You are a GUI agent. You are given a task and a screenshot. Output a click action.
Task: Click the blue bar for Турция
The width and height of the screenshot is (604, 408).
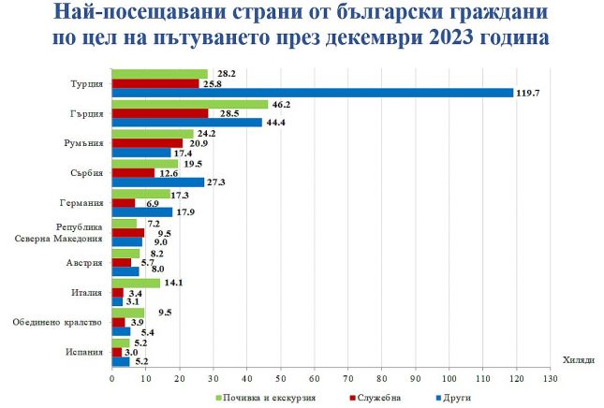pos(313,93)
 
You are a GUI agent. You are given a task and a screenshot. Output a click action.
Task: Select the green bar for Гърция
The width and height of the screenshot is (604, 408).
pos(189,104)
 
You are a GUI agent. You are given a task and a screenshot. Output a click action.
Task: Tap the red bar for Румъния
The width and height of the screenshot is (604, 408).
pos(147,143)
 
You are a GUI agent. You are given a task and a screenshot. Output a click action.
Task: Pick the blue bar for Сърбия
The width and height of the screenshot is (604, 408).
pos(157,182)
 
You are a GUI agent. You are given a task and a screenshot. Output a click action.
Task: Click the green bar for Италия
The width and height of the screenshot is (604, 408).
pos(135,283)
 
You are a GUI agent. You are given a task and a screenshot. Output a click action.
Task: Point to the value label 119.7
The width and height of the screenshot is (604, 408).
pos(531,93)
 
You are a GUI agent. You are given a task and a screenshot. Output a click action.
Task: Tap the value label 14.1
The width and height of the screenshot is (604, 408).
pos(174,283)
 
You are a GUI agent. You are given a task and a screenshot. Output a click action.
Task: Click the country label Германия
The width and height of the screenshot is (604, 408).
pos(81,202)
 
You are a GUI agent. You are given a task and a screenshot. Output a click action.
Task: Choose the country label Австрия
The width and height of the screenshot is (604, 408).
pos(85,263)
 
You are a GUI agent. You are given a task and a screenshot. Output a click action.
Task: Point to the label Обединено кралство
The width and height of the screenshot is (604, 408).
pos(57,323)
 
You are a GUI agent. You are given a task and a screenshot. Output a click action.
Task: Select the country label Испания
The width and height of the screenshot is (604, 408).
pos(85,353)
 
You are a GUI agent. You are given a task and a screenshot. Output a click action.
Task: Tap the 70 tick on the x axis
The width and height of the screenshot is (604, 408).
pos(347,379)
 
